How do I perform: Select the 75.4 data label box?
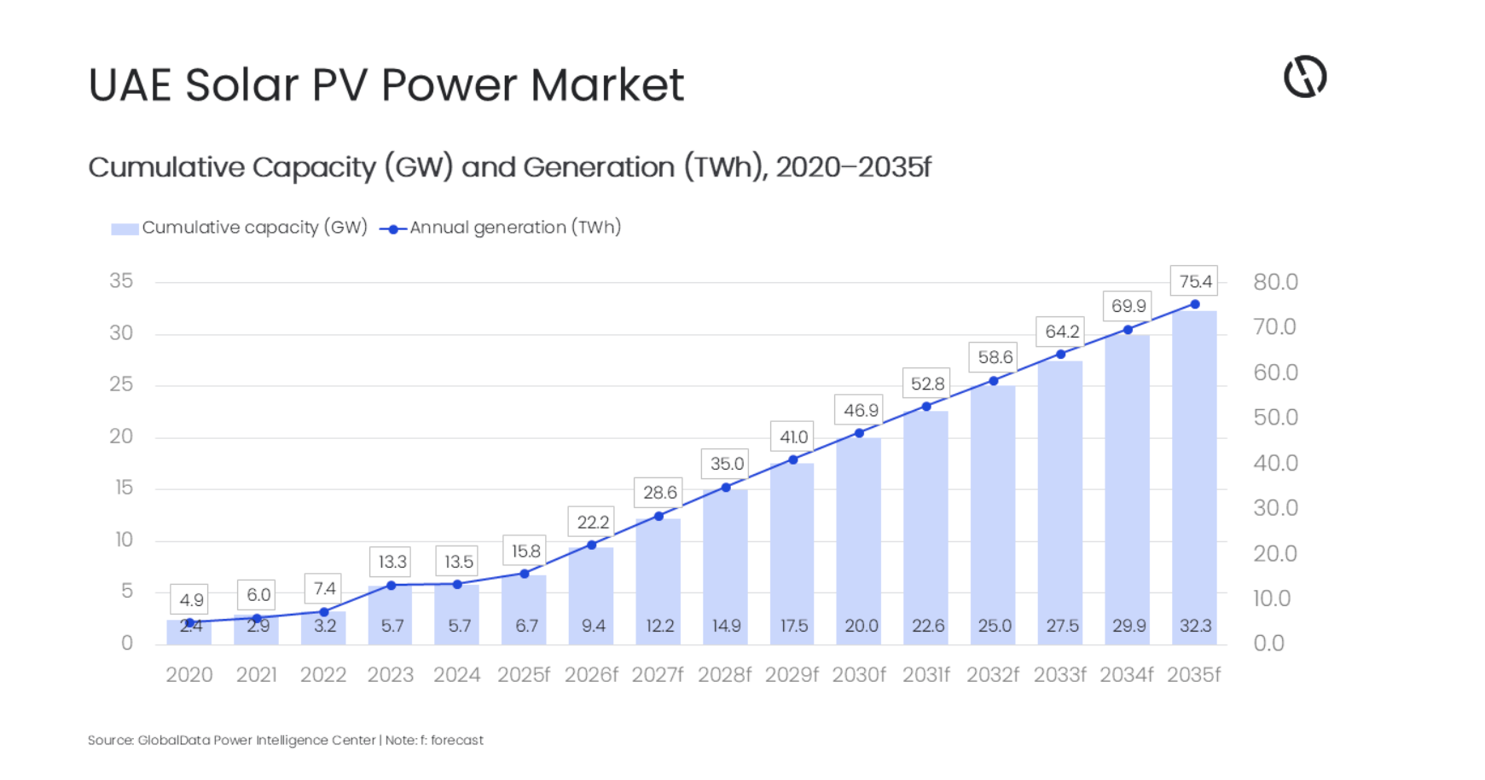[1194, 281]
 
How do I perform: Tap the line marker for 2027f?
[658, 517]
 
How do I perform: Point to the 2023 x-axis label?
[390, 675]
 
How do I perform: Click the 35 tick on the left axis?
[121, 281]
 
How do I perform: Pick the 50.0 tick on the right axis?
[1274, 418]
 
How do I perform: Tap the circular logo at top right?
[1305, 77]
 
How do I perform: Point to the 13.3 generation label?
[392, 562]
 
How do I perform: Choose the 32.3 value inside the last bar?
[1194, 626]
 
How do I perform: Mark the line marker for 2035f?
[1194, 304]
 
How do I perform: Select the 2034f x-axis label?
[1126, 675]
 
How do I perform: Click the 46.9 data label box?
[860, 410]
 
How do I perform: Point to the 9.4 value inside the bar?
[593, 626]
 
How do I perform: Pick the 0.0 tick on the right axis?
[1268, 644]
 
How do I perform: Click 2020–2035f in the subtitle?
[852, 167]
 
